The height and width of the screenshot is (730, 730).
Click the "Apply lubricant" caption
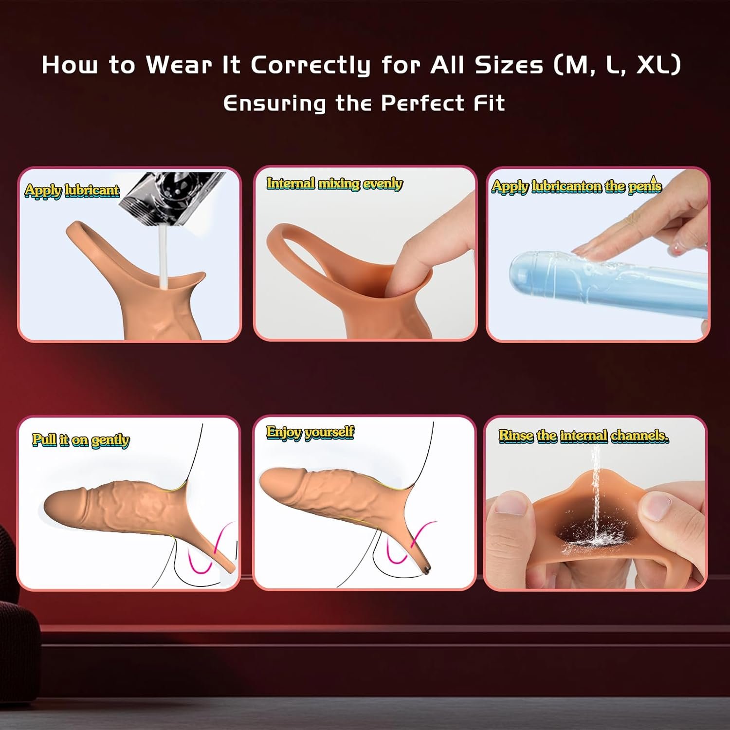coord(72,190)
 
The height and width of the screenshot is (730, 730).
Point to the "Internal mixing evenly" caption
coord(335,184)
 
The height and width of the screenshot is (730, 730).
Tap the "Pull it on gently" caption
coord(81,440)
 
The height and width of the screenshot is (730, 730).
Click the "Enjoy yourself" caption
coord(310,432)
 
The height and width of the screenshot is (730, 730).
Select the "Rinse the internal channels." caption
coord(584,436)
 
